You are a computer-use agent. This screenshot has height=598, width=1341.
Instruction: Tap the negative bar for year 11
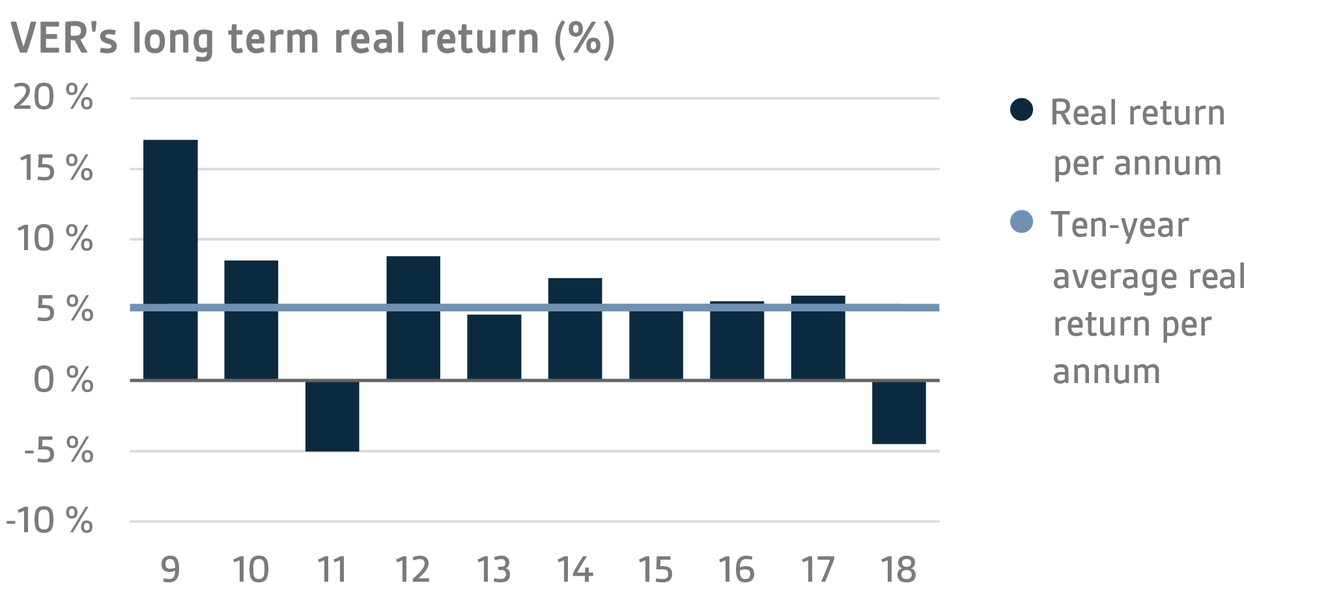tap(332, 416)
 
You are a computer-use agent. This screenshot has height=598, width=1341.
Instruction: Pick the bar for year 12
tap(413, 317)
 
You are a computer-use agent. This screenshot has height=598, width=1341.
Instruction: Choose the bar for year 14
tap(575, 328)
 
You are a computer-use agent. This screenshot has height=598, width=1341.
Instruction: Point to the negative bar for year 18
tap(899, 412)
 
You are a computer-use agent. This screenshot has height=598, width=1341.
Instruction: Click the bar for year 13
tap(494, 347)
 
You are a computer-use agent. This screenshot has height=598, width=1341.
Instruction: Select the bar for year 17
tap(818, 337)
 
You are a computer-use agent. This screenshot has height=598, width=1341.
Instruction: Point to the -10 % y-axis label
tap(49, 520)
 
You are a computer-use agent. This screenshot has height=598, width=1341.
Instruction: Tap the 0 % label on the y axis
tap(63, 380)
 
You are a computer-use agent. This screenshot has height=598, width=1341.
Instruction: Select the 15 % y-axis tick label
tap(56, 169)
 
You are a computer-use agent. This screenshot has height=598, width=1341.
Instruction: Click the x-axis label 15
tap(655, 569)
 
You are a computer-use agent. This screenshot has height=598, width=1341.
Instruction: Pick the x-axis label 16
tap(737, 569)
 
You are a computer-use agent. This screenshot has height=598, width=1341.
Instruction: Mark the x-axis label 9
tap(170, 569)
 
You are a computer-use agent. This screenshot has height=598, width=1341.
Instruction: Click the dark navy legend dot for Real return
tap(1021, 109)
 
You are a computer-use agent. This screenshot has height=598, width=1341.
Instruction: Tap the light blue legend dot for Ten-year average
tap(1021, 221)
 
